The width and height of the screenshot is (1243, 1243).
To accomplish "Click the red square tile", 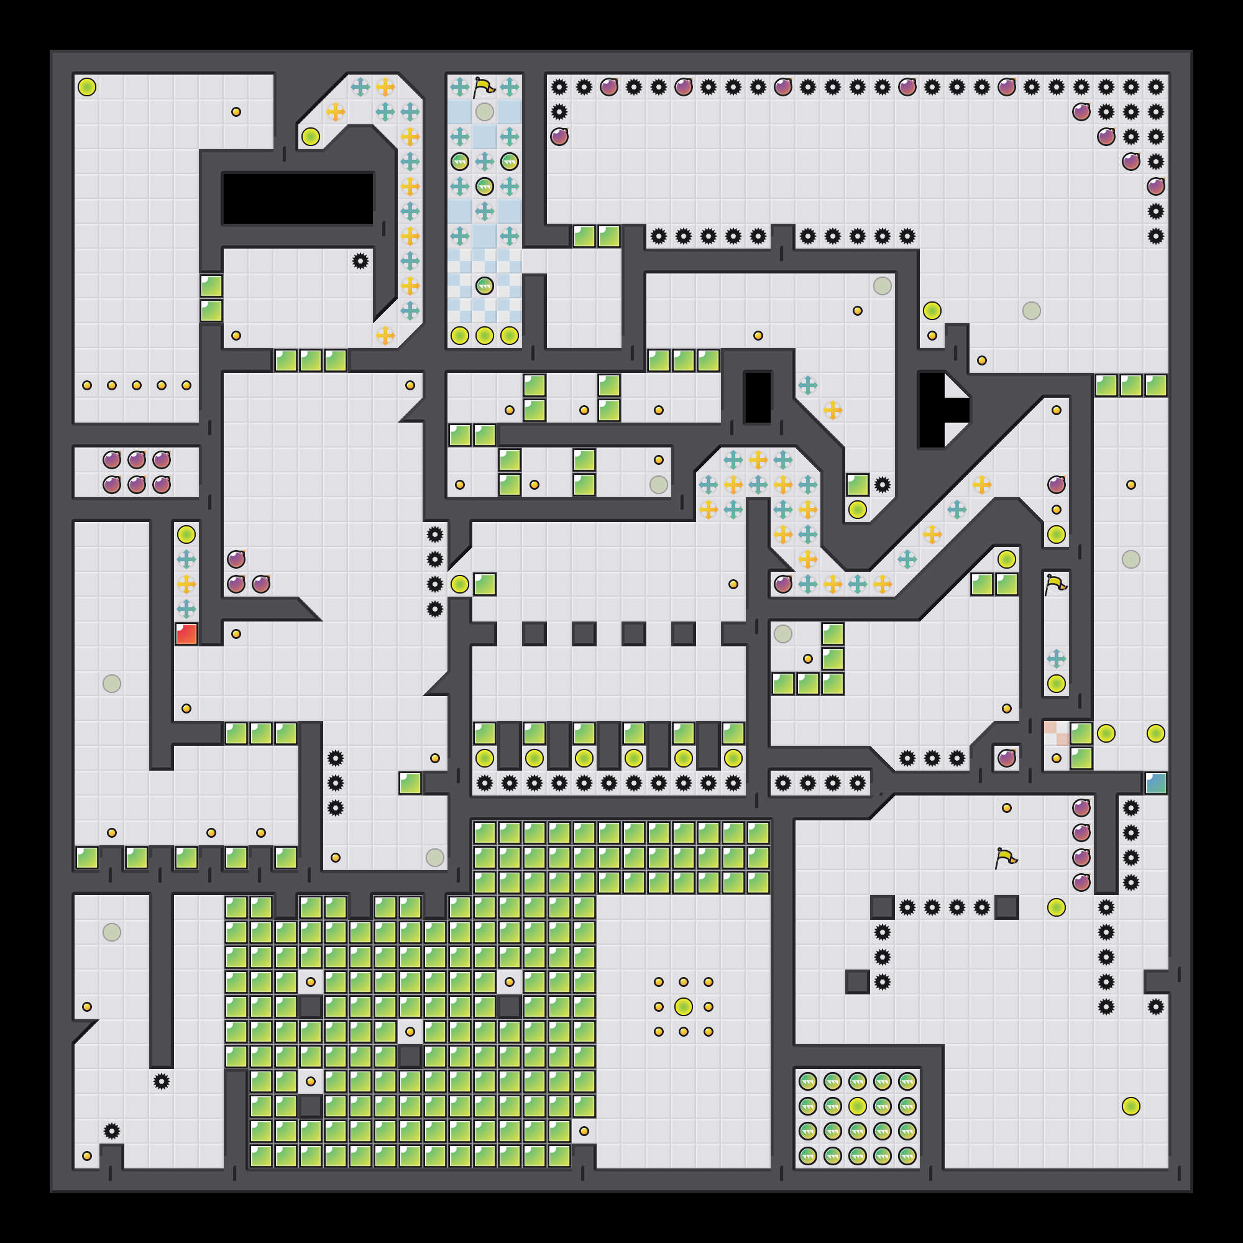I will point(186,634).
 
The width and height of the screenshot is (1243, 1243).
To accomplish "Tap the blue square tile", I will point(1155,783).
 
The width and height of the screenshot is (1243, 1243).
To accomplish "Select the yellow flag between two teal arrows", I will point(484,87).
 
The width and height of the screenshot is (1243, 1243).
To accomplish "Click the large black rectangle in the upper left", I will point(297,199).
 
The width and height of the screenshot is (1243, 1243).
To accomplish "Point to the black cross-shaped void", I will point(939,410).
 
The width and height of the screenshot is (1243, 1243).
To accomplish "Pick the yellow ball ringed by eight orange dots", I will point(683,1006).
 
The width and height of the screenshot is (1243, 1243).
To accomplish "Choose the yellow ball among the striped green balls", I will point(857,1106).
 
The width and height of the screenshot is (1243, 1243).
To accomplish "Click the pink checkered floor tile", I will point(1056,733).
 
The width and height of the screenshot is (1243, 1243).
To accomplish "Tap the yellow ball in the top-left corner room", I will point(87,87).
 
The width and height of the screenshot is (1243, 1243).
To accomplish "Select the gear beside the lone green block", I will point(882,485).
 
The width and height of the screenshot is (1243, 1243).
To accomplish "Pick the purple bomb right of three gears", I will point(1006,758).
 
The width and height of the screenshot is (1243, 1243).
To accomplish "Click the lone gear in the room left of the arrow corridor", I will point(360,261).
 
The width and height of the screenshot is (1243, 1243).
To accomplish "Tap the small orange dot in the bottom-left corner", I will point(87,1155).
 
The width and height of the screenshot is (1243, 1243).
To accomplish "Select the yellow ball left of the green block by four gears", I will point(459,584).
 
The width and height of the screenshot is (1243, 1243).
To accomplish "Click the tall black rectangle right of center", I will point(757,398).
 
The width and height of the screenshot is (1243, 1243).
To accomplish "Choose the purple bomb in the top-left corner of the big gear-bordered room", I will point(559,136).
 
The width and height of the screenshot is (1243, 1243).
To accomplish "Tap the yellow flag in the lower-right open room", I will point(1006,858).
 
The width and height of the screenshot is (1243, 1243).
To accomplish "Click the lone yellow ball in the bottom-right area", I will point(1131,1106).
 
